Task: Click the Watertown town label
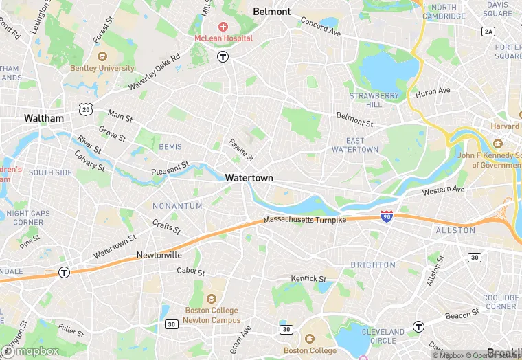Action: coord(249,178)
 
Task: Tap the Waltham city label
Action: coord(44,118)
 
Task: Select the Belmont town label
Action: coord(272,12)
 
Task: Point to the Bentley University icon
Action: coord(102,57)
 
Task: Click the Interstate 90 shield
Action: coord(387,217)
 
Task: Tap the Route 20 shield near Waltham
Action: coord(85,109)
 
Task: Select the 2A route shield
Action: coord(488,32)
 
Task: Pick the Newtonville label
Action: coord(159,255)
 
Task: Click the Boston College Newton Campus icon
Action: coord(212,299)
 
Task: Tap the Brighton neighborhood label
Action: coord(373,265)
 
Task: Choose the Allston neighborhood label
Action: coord(455,230)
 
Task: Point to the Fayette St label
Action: coord(241,147)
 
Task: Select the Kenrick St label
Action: coord(308,278)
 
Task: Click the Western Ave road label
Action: coord(444,190)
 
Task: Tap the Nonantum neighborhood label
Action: coord(177,206)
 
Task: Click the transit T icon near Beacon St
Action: coord(418,326)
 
